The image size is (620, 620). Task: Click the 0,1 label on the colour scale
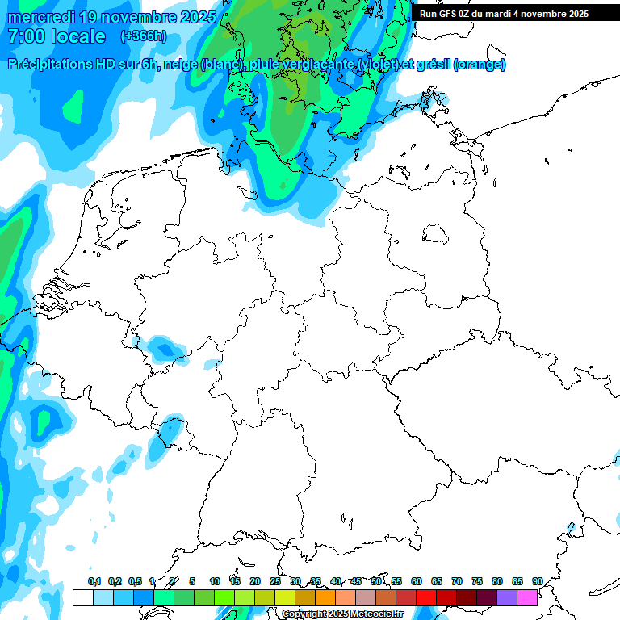click(94, 581)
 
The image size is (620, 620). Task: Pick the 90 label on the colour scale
click(537, 581)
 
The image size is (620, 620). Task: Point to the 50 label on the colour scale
click(376, 581)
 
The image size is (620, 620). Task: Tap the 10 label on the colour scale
click(215, 581)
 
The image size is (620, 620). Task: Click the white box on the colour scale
click(82, 597)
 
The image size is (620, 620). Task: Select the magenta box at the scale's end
click(527, 597)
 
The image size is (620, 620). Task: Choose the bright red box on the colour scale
click(426, 597)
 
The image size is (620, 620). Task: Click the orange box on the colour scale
click(325, 597)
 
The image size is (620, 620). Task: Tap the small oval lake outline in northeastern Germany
click(438, 235)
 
